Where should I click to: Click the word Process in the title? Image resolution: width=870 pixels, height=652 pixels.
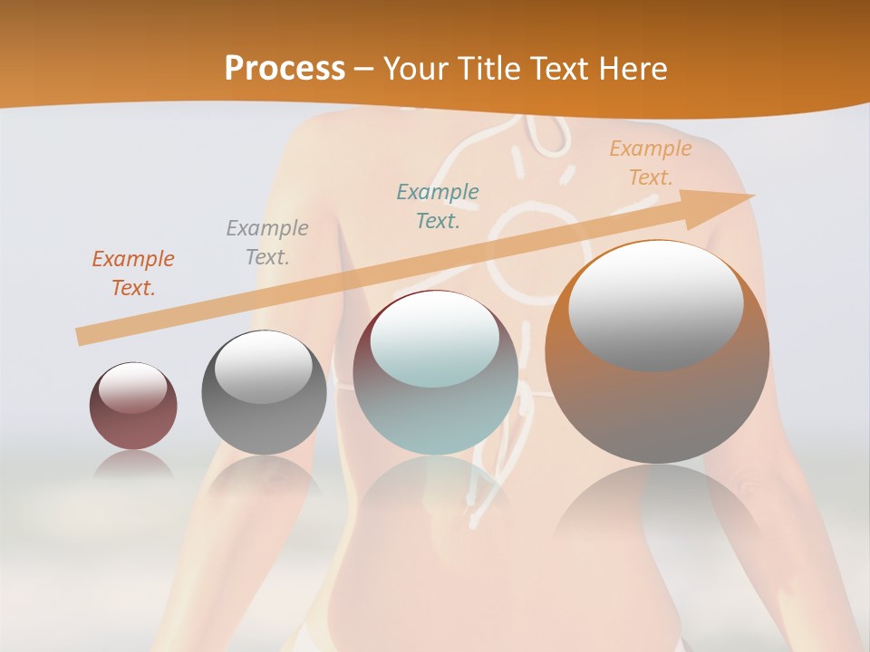(285, 68)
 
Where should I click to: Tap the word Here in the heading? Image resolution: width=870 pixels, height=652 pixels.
(631, 69)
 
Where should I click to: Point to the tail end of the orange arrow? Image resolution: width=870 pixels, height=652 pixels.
(80, 337)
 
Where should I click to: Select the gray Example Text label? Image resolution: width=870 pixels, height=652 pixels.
(267, 242)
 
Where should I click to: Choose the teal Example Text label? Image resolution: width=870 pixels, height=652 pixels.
(438, 206)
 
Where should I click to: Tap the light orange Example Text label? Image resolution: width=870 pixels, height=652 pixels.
(650, 163)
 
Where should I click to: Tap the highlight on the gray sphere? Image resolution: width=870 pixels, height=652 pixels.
(264, 367)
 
